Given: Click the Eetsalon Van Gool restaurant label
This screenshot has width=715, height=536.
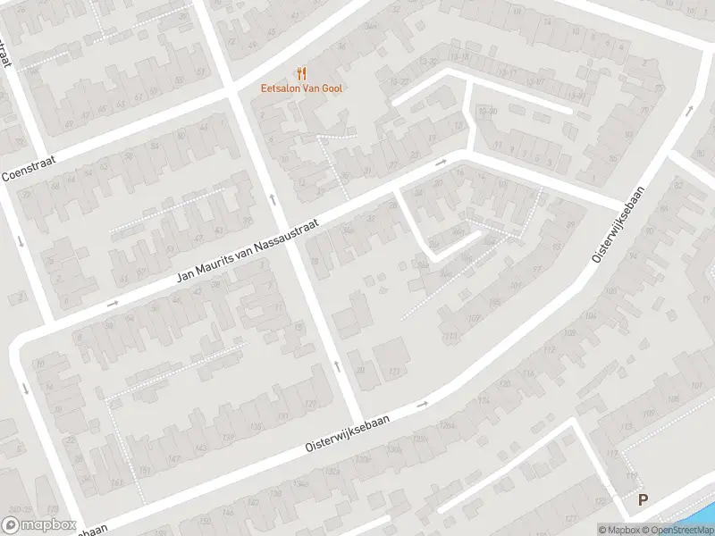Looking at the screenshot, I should (x=301, y=88).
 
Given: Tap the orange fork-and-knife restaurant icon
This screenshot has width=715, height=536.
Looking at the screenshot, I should (x=301, y=73).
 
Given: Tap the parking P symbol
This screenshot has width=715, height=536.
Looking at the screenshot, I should (x=642, y=501).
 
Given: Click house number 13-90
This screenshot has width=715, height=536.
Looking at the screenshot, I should (x=486, y=112).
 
